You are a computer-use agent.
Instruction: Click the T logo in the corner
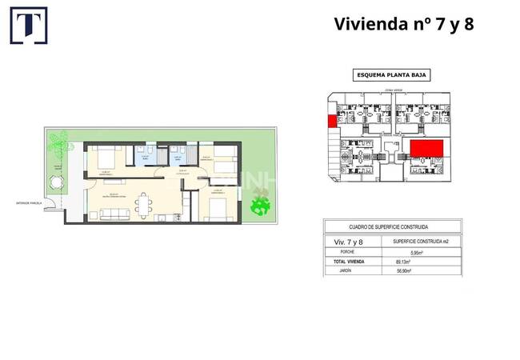coord(28,25)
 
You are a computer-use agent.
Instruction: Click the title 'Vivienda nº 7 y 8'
coord(403,24)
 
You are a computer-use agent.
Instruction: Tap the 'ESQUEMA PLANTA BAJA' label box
coord(391,75)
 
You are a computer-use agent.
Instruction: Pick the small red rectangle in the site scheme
coord(330,122)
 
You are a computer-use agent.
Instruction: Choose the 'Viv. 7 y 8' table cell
coord(350,242)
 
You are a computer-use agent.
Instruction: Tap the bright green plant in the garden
coord(258,206)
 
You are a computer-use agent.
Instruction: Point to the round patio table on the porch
coord(55,182)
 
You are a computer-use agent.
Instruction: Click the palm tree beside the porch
coord(58,145)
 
